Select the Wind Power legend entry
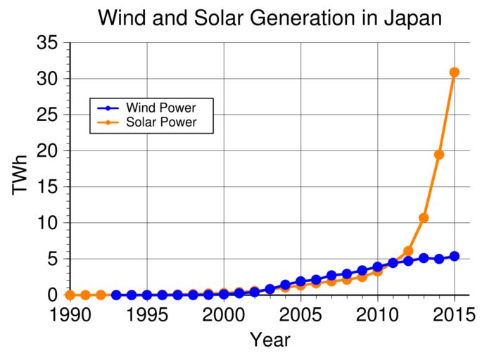point(160,108)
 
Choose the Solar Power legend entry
point(160,122)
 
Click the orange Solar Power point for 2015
point(455,72)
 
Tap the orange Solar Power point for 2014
point(439,155)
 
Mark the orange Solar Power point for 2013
point(424,218)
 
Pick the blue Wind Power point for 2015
point(455,256)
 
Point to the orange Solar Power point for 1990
point(70,295)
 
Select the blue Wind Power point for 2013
point(424,258)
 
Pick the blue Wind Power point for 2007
point(331,276)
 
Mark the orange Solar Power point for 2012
point(408,251)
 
